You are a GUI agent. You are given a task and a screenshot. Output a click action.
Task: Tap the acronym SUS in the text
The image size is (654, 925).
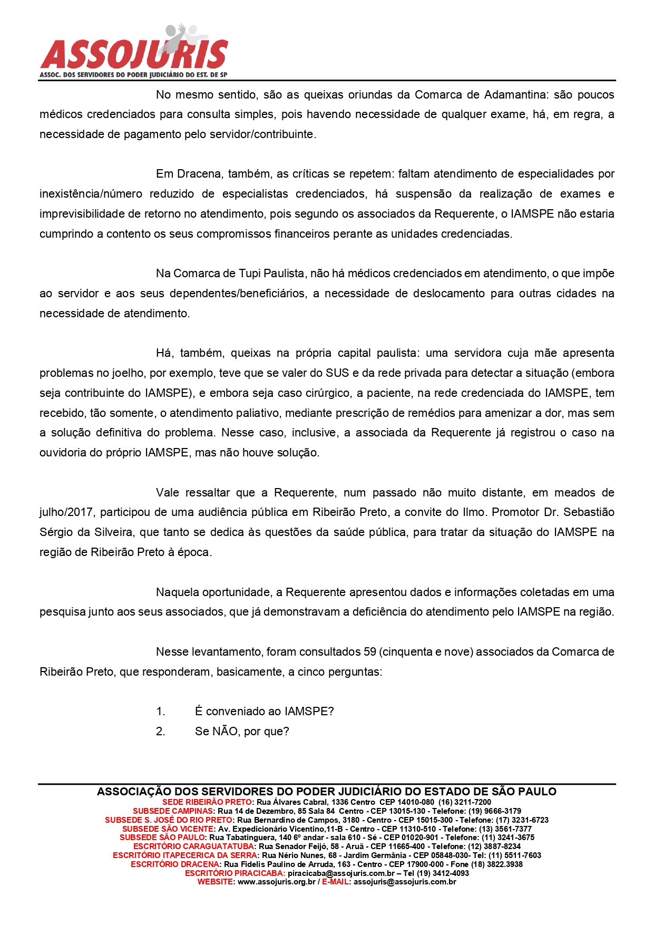pyautogui.click(x=337, y=373)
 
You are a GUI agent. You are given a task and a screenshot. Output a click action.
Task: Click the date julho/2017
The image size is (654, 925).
pyautogui.click(x=66, y=512)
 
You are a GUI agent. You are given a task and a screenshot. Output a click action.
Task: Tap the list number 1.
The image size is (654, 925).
pyautogui.click(x=160, y=712)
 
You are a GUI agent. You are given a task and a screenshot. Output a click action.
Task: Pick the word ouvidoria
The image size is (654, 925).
pyautogui.click(x=64, y=453)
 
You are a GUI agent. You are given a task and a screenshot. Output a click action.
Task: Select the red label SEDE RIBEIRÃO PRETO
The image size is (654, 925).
pyautogui.click(x=207, y=802)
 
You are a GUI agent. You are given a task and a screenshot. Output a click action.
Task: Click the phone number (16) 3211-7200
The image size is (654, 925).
pyautogui.click(x=464, y=802)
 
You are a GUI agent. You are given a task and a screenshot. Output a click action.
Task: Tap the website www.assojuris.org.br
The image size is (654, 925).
pyautogui.click(x=276, y=882)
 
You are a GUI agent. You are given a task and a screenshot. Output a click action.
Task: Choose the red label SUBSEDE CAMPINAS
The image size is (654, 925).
pyautogui.click(x=173, y=811)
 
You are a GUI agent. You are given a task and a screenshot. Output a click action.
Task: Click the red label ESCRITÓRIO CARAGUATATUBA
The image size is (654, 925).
pyautogui.click(x=193, y=846)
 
